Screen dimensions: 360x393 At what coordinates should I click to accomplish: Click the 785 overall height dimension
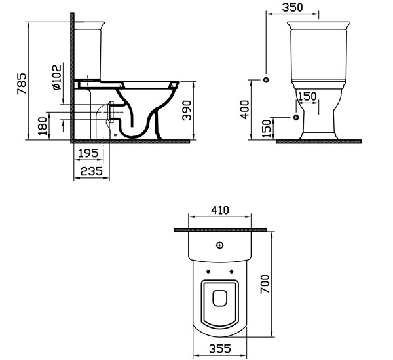tap(21, 84)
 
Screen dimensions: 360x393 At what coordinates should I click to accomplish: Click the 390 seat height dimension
tap(187, 111)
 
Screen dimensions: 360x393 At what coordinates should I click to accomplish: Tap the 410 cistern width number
tap(219, 211)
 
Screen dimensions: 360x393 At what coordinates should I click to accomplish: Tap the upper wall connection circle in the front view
tap(266, 80)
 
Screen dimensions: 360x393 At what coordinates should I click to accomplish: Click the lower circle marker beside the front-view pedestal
tap(296, 117)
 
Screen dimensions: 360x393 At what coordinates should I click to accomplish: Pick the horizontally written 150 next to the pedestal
tap(307, 97)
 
